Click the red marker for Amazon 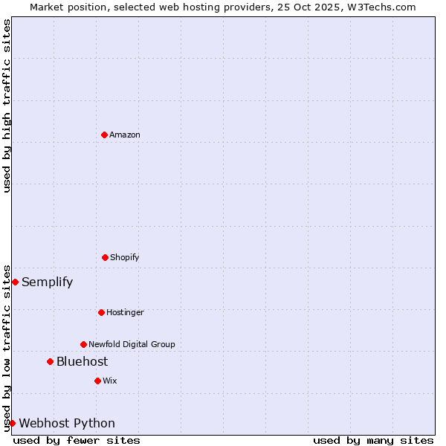(104, 135)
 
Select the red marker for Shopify (105, 257)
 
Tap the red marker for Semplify (15, 282)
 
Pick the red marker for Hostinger (101, 312)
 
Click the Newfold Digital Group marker (83, 344)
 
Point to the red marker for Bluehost (50, 361)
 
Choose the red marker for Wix (97, 381)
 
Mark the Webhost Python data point (12, 423)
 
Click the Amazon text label (125, 135)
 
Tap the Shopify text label (125, 257)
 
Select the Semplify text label (48, 282)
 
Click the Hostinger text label (125, 312)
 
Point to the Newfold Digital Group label (132, 344)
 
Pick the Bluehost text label (83, 361)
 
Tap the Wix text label (110, 381)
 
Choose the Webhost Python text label (67, 423)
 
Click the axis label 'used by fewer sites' (77, 440)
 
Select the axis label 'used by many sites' (373, 440)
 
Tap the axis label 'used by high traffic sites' (7, 106)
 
